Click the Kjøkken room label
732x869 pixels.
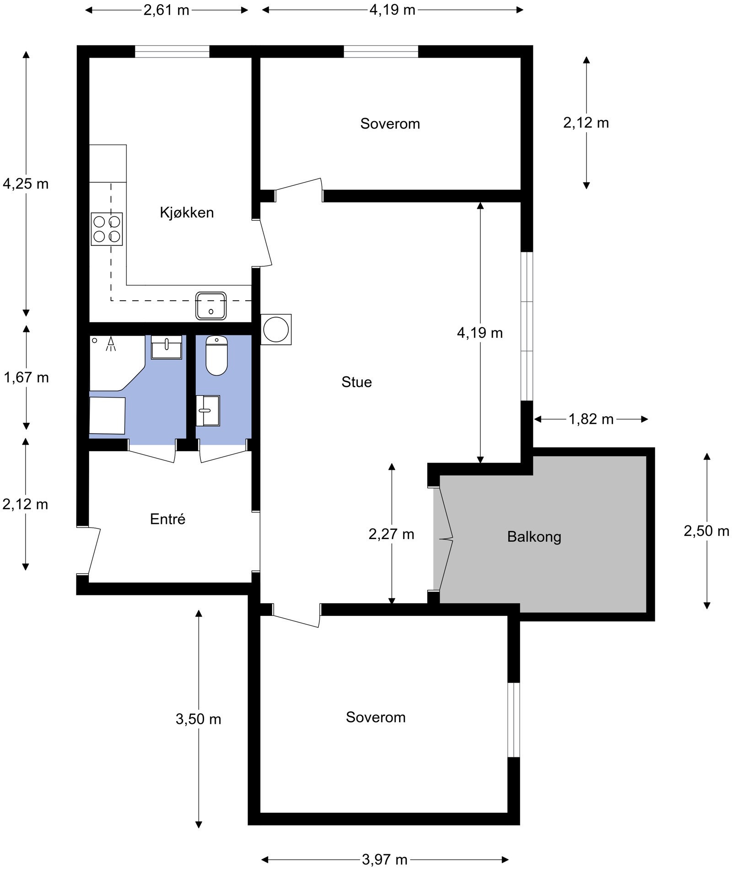187,213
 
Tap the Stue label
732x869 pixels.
356,382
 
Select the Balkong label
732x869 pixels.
534,537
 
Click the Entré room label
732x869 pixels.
167,519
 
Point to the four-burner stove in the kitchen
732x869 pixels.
107,229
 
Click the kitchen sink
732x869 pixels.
211,305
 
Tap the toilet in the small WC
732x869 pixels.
216,356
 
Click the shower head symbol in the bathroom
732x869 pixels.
111,344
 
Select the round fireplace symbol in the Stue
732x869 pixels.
276,329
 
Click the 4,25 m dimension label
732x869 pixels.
26,184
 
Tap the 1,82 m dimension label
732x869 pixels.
591,419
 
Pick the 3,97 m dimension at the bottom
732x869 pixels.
384,860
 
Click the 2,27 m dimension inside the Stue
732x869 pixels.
391,534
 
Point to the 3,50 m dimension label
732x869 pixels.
198,719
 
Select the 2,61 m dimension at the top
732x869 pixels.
166,10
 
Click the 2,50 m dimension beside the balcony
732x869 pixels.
706,531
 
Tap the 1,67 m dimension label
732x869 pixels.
26,378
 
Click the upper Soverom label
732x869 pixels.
390,124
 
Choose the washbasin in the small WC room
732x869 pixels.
208,410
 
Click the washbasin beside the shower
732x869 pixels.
167,347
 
